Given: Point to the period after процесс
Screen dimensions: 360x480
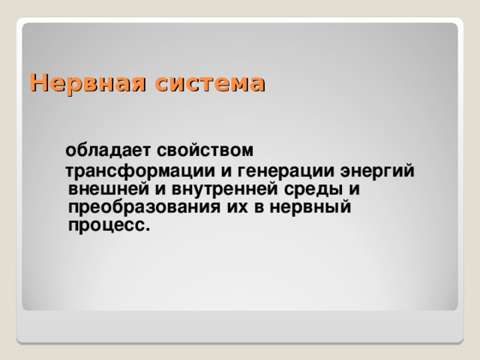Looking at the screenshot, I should pyautogui.click(x=148, y=228).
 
